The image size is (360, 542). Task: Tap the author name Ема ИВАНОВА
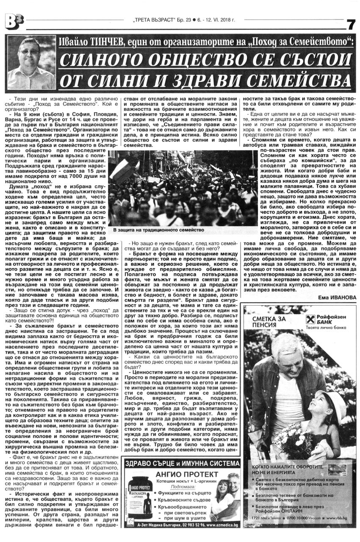[x=337, y=297]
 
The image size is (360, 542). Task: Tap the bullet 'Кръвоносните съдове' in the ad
[x=183, y=500]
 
